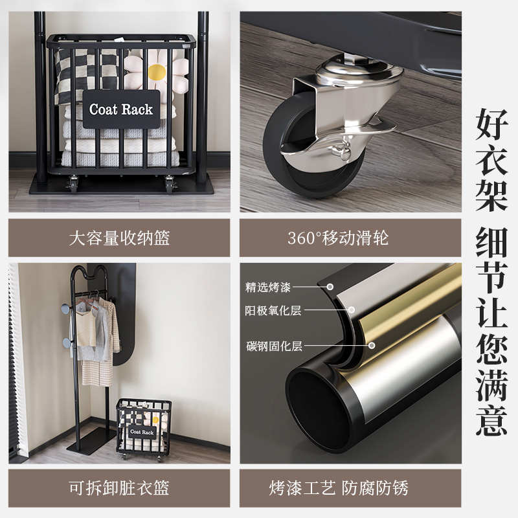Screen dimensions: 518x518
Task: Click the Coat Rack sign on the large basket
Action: pyautogui.click(x=121, y=109)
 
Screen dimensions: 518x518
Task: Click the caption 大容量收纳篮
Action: pyautogui.click(x=119, y=238)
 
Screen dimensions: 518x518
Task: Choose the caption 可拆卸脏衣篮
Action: pyautogui.click(x=119, y=488)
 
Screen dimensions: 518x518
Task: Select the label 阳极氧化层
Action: pyautogui.click(x=273, y=311)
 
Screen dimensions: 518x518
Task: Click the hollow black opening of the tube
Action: pyautogui.click(x=317, y=408)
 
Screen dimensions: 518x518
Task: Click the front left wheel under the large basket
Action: pyautogui.click(x=74, y=185)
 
